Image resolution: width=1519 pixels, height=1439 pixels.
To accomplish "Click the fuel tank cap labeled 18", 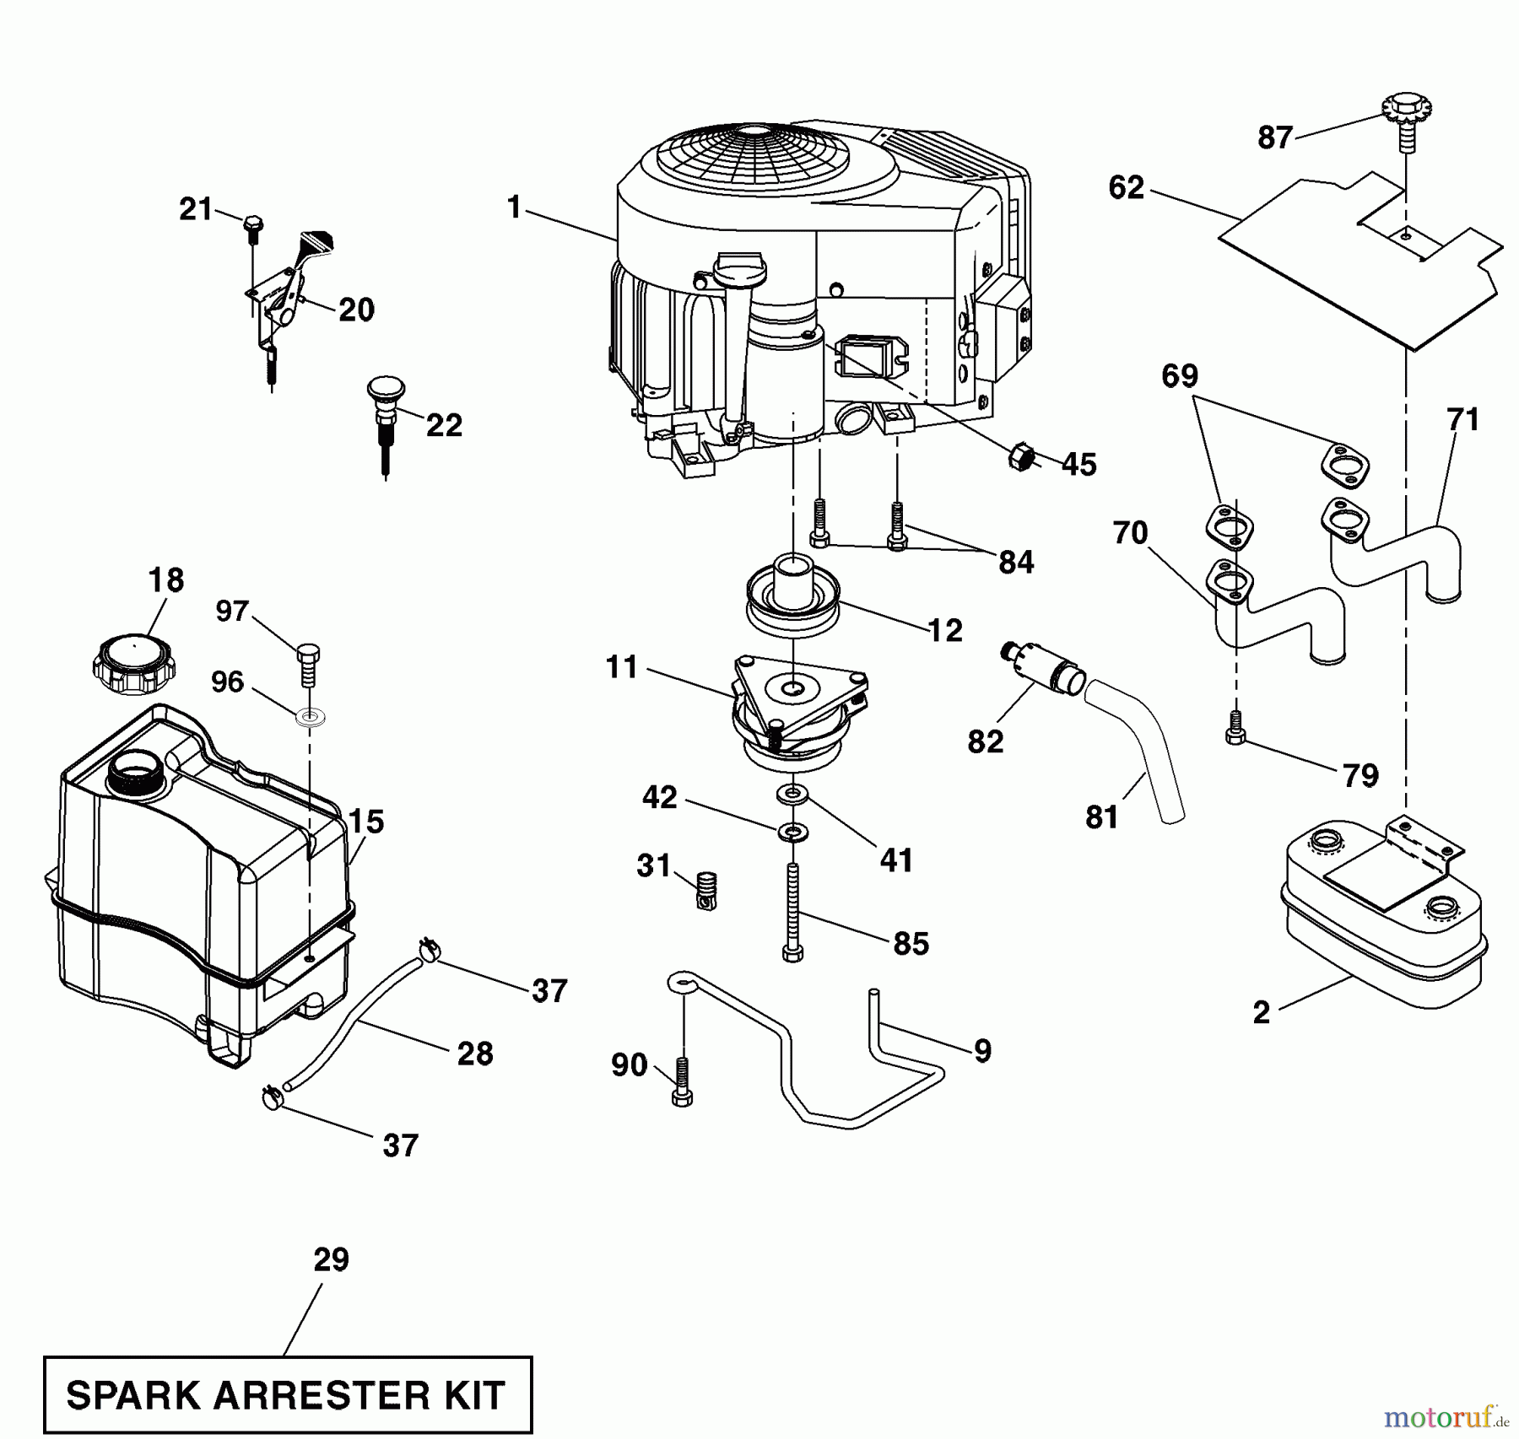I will click(133, 666).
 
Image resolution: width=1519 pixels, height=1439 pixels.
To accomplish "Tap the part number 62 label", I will click(1126, 187).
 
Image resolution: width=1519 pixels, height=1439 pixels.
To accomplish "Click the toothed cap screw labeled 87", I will click(1407, 116).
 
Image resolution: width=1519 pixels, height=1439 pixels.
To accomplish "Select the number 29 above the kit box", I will click(331, 1259).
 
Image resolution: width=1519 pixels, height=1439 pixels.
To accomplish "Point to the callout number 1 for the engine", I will click(514, 207).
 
